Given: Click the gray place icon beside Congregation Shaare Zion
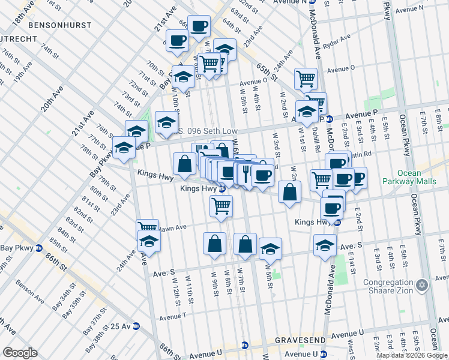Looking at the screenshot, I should pyautogui.click(x=422, y=283).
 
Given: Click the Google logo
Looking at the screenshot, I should pyautogui.click(x=20, y=353).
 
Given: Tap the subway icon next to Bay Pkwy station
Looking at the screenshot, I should pyautogui.click(x=39, y=247).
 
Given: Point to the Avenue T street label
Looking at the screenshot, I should pyautogui.click(x=173, y=316).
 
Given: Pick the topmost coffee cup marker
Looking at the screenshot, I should pyautogui.click(x=199, y=26).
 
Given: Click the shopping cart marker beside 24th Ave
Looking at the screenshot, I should pyautogui.click(x=147, y=229).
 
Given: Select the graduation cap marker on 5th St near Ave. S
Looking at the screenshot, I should pyautogui.click(x=271, y=249).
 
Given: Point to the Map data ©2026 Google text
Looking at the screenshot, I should pyautogui.click(x=412, y=355).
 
